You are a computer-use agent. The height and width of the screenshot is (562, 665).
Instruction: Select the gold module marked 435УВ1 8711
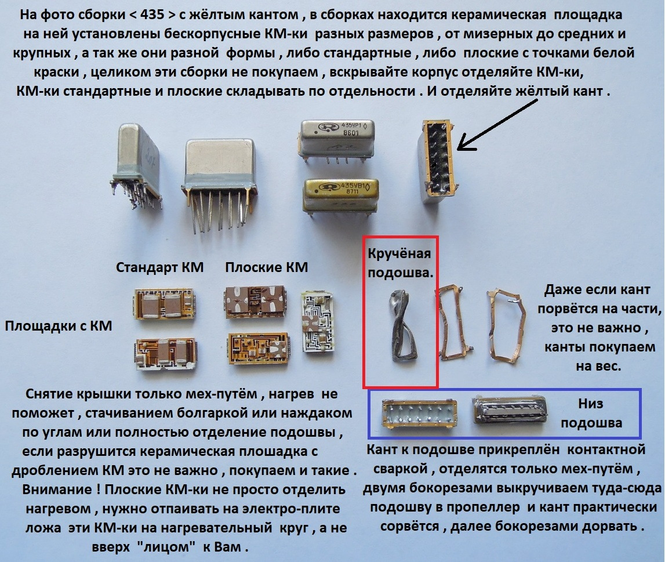click(x=340, y=195)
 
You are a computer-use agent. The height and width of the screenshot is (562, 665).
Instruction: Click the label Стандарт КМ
click(x=159, y=267)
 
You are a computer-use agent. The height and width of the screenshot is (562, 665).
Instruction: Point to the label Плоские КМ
click(x=266, y=267)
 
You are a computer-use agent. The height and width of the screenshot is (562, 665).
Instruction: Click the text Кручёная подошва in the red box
click(x=400, y=263)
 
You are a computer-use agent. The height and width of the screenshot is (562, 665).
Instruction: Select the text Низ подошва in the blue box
click(x=591, y=413)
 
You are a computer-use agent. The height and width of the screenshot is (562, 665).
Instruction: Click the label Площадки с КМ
click(x=59, y=326)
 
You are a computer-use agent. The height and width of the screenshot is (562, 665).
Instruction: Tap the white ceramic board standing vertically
click(x=318, y=321)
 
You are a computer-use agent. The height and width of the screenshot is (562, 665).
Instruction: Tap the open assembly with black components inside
click(x=438, y=161)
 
